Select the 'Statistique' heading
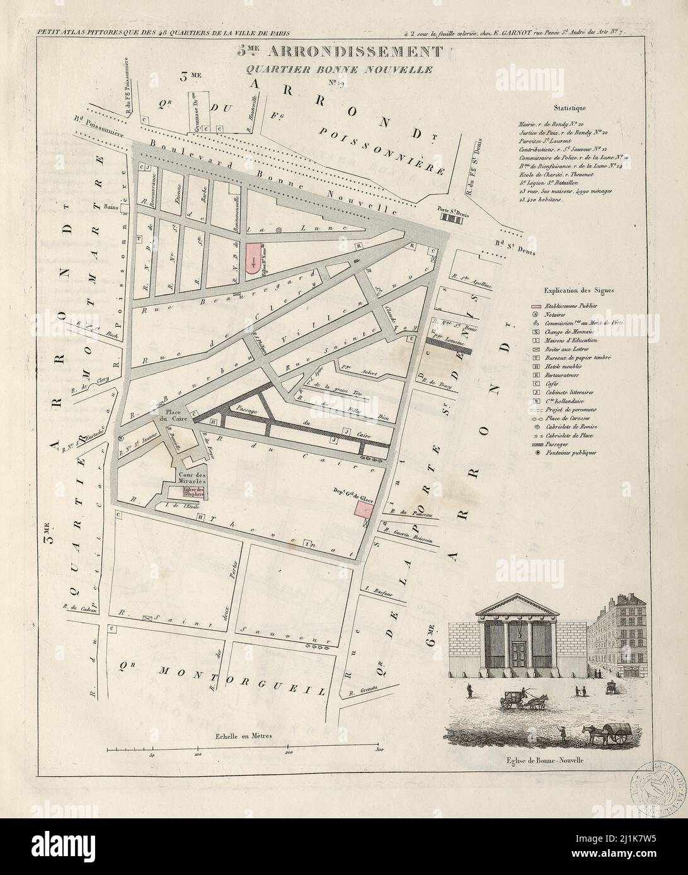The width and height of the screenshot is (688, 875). click(569, 108)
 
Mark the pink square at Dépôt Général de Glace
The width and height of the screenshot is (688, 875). click(364, 509)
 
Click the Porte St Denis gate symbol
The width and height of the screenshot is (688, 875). click(450, 218)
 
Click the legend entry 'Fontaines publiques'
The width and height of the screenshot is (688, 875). click(573, 453)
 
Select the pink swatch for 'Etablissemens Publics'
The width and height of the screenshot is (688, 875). click(533, 305)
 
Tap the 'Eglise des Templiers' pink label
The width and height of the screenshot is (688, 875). click(190, 493)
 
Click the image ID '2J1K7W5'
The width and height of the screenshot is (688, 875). click(652, 858)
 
